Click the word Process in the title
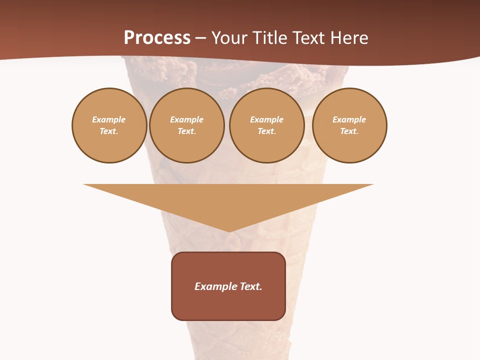157,38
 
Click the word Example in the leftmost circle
109,119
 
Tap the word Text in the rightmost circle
349,131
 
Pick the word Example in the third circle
266,119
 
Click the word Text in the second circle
186,131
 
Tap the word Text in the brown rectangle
251,286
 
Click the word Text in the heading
309,38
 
